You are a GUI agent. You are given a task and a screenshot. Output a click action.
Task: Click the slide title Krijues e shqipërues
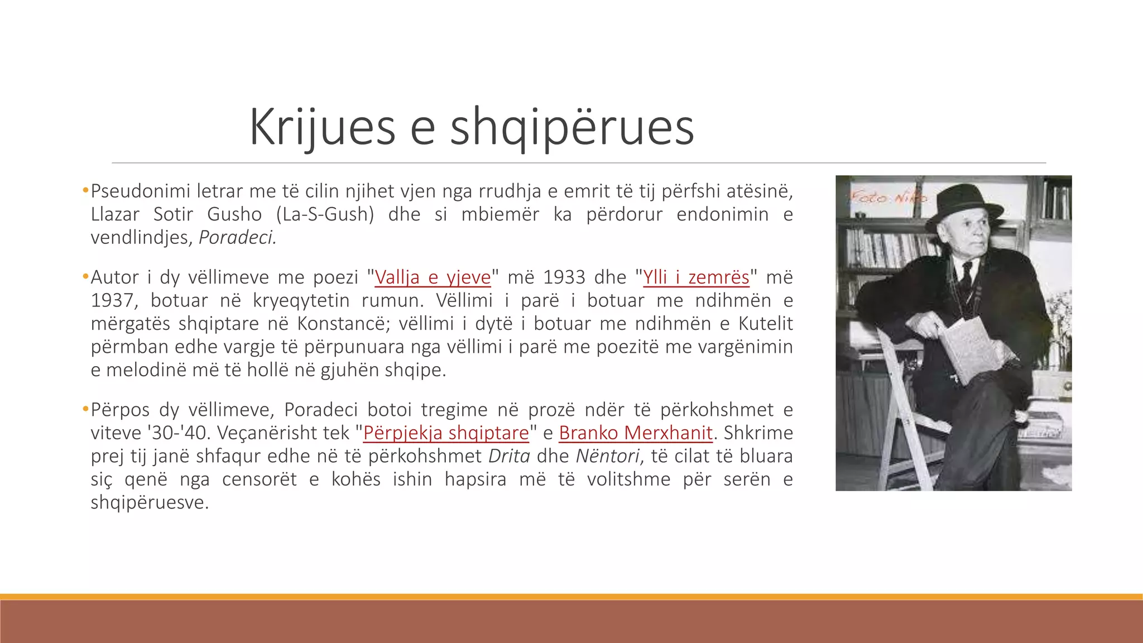(472, 127)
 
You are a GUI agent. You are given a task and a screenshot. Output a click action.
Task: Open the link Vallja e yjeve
(433, 277)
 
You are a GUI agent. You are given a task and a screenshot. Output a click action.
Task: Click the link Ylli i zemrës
(696, 277)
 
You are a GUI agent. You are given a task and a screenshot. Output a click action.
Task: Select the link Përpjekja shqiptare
(446, 433)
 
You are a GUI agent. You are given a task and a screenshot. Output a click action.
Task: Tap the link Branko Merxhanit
(636, 433)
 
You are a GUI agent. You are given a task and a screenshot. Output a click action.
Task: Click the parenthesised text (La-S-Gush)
(325, 215)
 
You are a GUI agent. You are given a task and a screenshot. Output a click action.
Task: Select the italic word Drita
(509, 457)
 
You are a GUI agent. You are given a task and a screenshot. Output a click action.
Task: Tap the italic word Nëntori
(607, 457)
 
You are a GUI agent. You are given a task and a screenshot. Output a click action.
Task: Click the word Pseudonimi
(141, 191)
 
